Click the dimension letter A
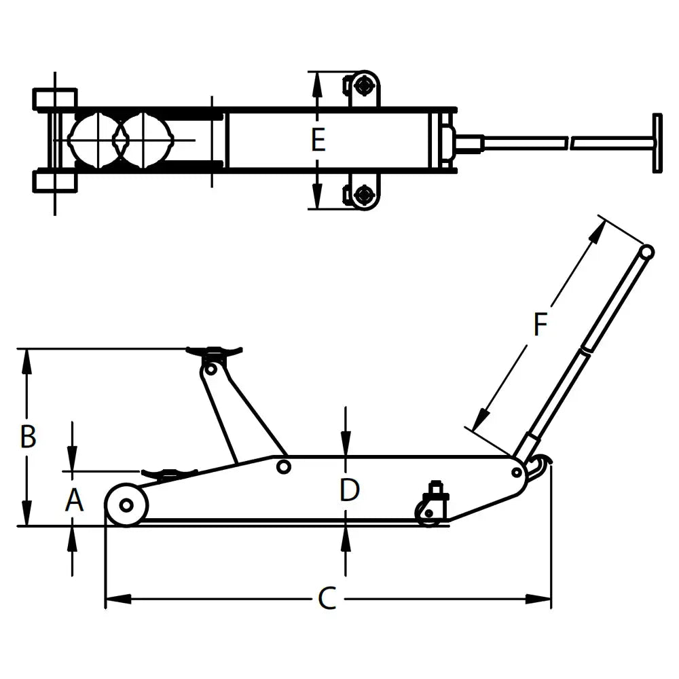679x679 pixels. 74,500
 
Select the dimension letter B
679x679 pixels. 28,436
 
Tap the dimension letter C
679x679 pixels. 327,598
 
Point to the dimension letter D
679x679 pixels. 350,490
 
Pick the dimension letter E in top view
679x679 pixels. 318,140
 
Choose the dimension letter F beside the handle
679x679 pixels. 540,324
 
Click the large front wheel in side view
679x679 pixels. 126,505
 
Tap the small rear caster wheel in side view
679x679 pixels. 428,513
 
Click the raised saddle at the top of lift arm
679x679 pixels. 214,351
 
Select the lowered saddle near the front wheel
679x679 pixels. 169,473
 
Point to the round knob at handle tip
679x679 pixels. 647,252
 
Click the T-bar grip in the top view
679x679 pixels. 657,143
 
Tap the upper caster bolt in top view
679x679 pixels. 363,86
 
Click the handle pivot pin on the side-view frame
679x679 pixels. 517,472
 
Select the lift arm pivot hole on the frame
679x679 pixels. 284,467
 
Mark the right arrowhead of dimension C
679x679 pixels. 538,599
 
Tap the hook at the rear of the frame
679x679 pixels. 540,465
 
